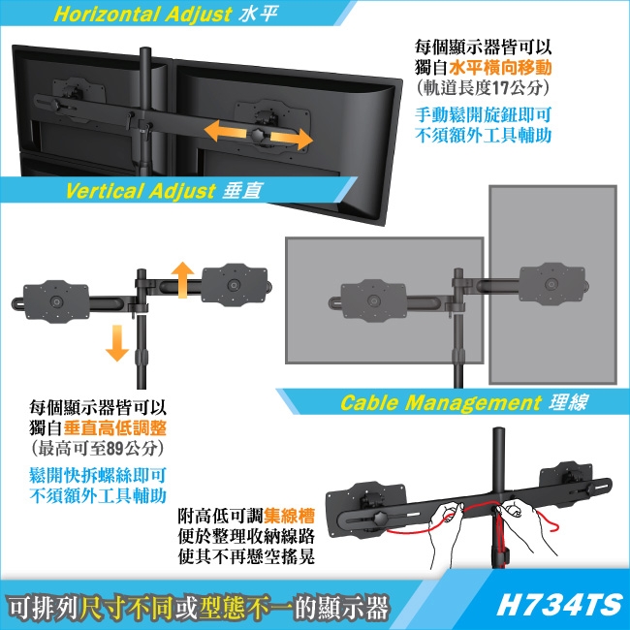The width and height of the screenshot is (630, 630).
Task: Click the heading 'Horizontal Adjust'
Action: [x=142, y=15]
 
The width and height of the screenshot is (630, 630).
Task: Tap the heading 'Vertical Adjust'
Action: [x=141, y=190]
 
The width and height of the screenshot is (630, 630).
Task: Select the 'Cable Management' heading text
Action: [x=441, y=402]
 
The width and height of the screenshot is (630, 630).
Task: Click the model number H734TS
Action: [x=559, y=605]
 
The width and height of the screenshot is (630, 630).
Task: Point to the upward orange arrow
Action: [x=183, y=280]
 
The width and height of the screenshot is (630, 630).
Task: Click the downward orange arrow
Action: [x=117, y=343]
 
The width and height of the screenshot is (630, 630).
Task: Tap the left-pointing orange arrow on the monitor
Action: [x=225, y=131]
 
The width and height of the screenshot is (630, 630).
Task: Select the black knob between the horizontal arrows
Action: [x=259, y=135]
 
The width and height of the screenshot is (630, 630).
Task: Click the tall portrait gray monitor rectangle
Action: [x=552, y=285]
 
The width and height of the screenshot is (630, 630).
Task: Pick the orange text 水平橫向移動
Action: [x=500, y=68]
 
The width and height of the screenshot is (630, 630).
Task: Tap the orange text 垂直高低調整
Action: [x=115, y=428]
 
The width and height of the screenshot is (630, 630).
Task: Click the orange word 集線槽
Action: [x=289, y=516]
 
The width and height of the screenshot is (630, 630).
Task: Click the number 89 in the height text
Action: [x=115, y=449]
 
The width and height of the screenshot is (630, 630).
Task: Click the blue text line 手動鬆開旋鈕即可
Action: [x=483, y=115]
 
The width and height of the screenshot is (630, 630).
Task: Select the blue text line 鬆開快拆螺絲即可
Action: [x=98, y=476]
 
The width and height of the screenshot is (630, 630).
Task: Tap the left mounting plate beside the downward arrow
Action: [x=56, y=301]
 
